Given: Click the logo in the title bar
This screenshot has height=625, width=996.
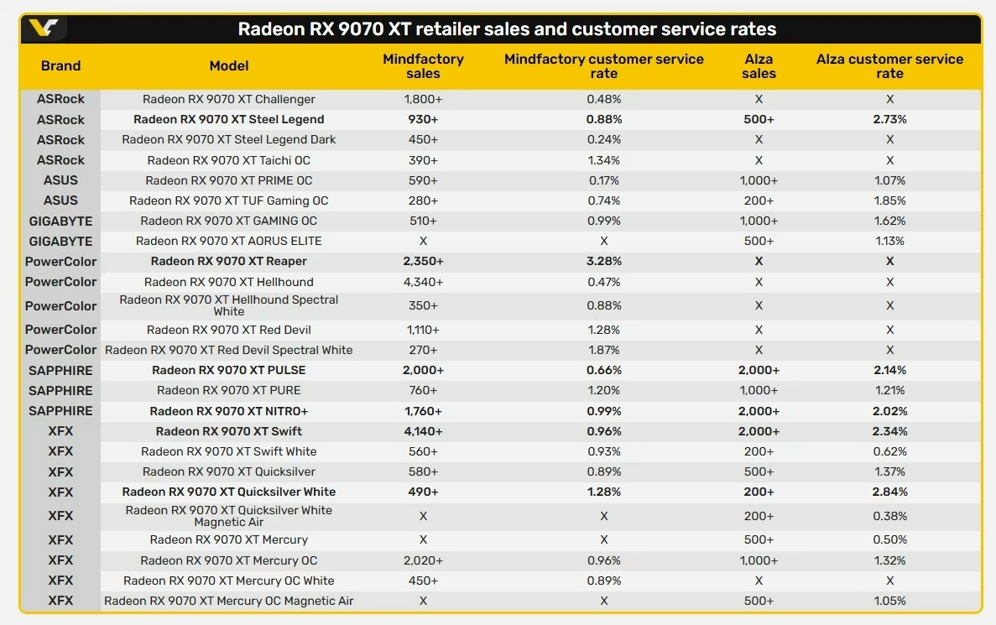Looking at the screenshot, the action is (x=44, y=28).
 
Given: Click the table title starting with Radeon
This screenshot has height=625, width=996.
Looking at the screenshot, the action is (x=507, y=29).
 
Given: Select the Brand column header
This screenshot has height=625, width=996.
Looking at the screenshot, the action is (x=61, y=66).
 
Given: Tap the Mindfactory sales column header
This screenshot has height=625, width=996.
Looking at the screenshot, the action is (x=423, y=66).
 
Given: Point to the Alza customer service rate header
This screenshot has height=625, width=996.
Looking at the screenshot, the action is (x=889, y=66).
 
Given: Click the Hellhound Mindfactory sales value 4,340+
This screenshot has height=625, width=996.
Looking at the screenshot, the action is (x=423, y=282).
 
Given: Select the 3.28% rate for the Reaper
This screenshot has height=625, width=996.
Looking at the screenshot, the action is (x=604, y=261).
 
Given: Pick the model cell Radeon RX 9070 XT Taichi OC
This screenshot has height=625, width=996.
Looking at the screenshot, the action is (x=229, y=160).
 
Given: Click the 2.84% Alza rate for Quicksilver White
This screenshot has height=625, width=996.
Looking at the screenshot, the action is (x=890, y=492).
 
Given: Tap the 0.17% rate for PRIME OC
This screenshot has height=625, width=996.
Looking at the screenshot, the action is (x=604, y=180).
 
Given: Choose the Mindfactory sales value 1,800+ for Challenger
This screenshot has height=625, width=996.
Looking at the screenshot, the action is (x=423, y=99).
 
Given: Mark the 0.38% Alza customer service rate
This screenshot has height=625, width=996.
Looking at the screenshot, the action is (x=890, y=516).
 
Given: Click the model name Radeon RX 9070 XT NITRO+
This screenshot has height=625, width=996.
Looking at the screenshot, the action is (x=229, y=411).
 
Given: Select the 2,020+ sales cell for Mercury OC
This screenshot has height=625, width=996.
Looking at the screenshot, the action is (x=423, y=560).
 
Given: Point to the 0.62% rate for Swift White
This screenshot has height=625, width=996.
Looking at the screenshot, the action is (x=890, y=451).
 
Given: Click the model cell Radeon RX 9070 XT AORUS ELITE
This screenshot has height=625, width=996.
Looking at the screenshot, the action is (x=229, y=241).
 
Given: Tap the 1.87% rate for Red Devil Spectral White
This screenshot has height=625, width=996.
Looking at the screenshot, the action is (x=604, y=350).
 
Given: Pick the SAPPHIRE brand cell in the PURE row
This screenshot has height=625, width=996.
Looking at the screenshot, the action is (x=61, y=391).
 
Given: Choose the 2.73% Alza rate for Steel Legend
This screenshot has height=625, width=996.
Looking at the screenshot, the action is (x=890, y=119).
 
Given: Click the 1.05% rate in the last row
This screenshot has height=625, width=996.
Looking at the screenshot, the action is (x=890, y=601).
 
